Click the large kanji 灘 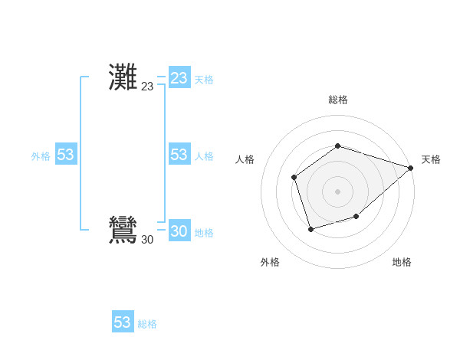pos(123,78)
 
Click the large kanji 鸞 pos(123,231)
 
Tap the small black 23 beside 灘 pos(147,87)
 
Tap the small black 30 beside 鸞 pos(147,240)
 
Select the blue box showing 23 pos(179,78)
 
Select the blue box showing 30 pos(179,231)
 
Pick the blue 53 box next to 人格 pos(179,155)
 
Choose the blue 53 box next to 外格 pos(66,155)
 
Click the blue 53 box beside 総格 pos(123,322)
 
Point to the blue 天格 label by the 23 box pos(204,80)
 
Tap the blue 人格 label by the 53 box pos(204,156)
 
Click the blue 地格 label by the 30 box pos(204,233)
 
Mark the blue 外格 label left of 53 pos(41,156)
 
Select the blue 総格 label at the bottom pos(147,324)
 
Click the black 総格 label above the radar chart pos(338,100)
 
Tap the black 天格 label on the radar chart pos(431,159)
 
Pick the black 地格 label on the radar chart pos(402,263)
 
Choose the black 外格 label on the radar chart pos(270,263)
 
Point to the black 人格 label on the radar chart pos(245,159)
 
